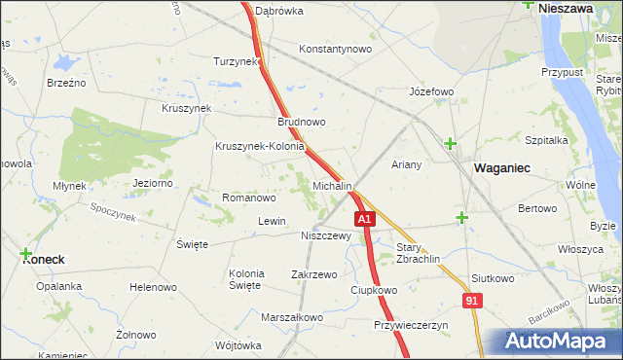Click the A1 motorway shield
pyautogui.click(x=363, y=221)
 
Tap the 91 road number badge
pyautogui.click(x=471, y=303)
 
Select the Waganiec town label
pyautogui.click(x=501, y=168)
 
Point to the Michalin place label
pyautogui.click(x=332, y=185)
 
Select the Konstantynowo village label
pyautogui.click(x=336, y=49)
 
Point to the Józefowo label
pyautogui.click(x=431, y=92)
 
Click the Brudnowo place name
pyautogui.click(x=302, y=123)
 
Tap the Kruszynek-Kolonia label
pyautogui.click(x=261, y=147)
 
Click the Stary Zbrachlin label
pyautogui.click(x=419, y=253)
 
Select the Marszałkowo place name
pyautogui.click(x=292, y=317)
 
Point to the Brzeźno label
pyautogui.click(x=66, y=83)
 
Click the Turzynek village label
pyautogui.click(x=237, y=61)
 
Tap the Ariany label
pyautogui.click(x=406, y=164)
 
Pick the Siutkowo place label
pyautogui.click(x=492, y=278)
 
